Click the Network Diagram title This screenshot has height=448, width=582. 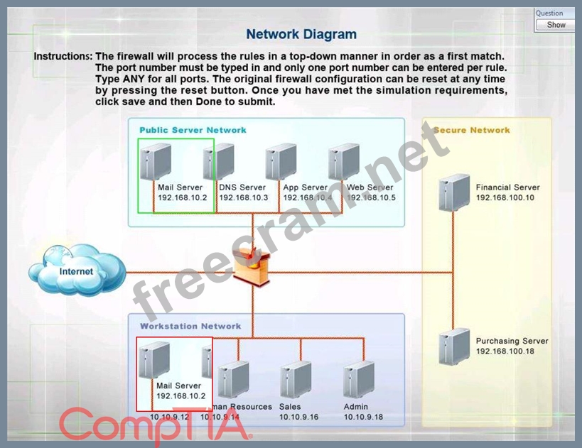pos(301,34)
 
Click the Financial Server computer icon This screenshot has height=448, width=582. pos(453,192)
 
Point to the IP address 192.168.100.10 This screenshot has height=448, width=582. pos(505,197)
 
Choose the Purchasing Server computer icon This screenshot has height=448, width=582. pos(453,346)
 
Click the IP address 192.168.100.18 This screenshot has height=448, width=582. pos(505,351)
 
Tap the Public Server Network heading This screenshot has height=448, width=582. pos(193,130)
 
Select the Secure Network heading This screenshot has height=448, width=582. pos(472,130)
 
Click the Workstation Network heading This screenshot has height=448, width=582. pos(190,326)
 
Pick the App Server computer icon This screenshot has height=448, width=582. pos(281,162)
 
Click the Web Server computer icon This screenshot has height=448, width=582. pos(344,162)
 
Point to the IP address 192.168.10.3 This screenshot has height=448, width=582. pos(244,197)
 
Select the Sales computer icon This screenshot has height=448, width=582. pos(295,379)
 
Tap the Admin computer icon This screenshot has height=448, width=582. pos(358,379)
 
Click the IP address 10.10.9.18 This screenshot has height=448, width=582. pos(363,417)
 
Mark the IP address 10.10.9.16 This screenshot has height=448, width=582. pos(298,417)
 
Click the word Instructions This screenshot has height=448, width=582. pos(63,56)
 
